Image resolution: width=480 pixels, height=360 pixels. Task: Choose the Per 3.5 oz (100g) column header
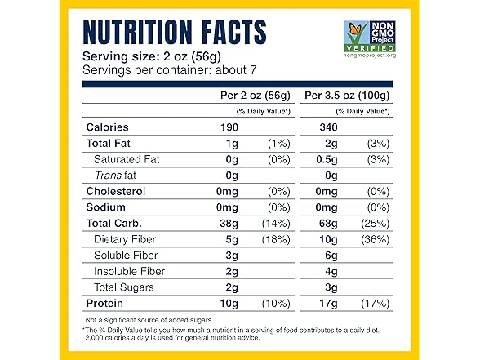347,96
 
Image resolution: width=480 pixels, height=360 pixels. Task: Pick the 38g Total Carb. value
223,223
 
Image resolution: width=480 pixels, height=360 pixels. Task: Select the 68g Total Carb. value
327,223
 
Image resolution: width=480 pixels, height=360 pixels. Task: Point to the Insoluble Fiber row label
131,271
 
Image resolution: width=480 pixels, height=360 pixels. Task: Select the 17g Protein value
327,304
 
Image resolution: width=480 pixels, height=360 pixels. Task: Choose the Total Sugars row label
124,287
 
